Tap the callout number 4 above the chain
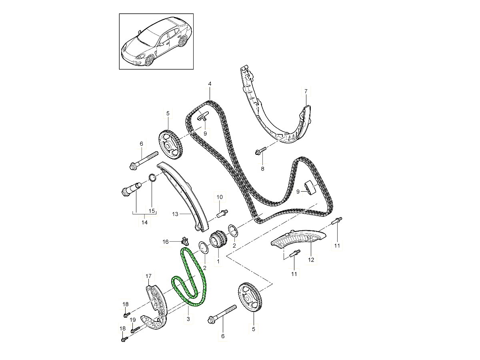(x=210, y=84)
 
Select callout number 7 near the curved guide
(x=306, y=91)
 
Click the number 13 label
(x=175, y=214)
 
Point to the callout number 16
(x=166, y=242)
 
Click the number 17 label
(x=148, y=276)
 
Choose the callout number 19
(x=133, y=320)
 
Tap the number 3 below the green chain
(x=188, y=319)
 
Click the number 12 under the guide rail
(x=311, y=260)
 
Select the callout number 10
(x=220, y=197)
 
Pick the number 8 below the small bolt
(x=262, y=168)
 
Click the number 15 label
(x=152, y=211)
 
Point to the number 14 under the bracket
(x=144, y=222)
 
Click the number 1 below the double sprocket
(x=218, y=261)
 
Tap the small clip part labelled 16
(x=185, y=241)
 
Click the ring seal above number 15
(x=152, y=177)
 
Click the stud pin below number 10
(x=222, y=213)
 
